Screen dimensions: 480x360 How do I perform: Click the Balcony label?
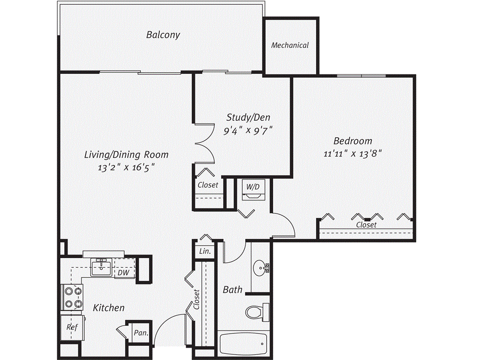tap(163, 35)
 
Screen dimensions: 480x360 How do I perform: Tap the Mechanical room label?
tap(290, 45)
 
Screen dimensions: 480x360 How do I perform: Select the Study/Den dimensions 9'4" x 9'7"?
tap(248, 131)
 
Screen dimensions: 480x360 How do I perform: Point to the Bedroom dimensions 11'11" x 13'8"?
tap(352, 153)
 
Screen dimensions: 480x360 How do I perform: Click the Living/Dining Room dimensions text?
tap(126, 167)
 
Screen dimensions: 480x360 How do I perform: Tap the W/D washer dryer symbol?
tap(254, 190)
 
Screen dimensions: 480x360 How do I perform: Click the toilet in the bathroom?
tap(257, 312)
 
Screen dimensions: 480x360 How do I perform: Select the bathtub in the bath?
tap(243, 344)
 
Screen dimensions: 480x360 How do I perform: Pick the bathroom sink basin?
tap(260, 268)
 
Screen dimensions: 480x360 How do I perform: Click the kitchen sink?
tap(101, 267)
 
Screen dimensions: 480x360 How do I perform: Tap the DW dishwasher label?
tap(123, 272)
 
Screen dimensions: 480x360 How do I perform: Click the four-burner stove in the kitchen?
tap(72, 297)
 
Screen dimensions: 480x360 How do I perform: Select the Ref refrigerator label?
tap(72, 327)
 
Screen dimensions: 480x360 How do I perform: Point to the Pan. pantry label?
tap(141, 332)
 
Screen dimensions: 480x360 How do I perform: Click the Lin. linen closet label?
tap(205, 251)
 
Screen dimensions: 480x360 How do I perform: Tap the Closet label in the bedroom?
tap(366, 225)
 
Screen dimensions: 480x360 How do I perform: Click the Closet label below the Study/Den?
tap(208, 185)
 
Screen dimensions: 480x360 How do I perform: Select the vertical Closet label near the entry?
tap(196, 299)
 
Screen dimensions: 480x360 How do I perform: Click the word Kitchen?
tap(109, 307)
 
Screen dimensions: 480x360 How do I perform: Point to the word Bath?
tap(232, 290)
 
